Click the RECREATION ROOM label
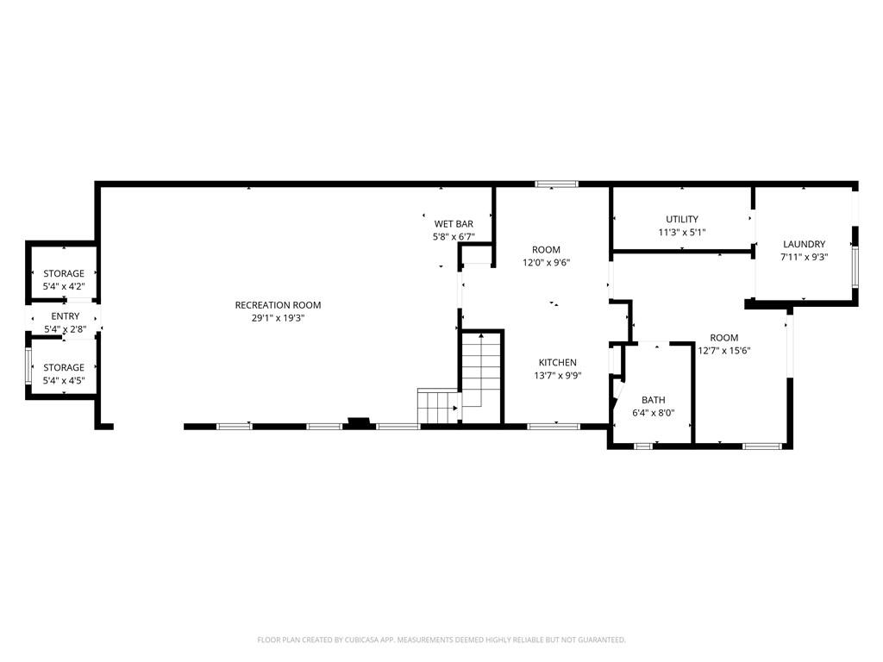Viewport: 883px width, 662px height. pyautogui.click(x=278, y=305)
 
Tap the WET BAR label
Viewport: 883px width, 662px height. pyautogui.click(x=454, y=224)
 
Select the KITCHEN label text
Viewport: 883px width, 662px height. pyautogui.click(x=558, y=363)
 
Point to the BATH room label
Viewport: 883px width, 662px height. pyautogui.click(x=654, y=400)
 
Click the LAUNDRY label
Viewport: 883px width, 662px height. pyautogui.click(x=805, y=244)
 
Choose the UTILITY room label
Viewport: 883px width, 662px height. pyautogui.click(x=682, y=219)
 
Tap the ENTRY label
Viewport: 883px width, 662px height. pyautogui.click(x=66, y=316)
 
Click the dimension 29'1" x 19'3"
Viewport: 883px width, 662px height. pyautogui.click(x=278, y=318)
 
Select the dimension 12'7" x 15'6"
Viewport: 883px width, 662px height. pyautogui.click(x=724, y=351)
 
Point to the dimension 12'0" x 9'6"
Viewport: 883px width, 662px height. pyautogui.click(x=546, y=262)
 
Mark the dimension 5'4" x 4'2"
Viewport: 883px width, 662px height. pyautogui.click(x=64, y=286)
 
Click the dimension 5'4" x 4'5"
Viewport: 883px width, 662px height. pyautogui.click(x=64, y=380)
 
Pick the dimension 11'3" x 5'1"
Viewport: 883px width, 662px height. pyautogui.click(x=682, y=232)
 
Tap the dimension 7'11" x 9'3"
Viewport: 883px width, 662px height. pyautogui.click(x=805, y=257)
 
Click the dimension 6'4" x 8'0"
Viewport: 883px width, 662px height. pyautogui.click(x=654, y=413)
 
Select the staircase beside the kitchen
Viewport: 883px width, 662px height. pyautogui.click(x=460, y=378)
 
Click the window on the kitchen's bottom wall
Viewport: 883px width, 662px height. pyautogui.click(x=554, y=426)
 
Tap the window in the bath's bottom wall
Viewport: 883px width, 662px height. pyautogui.click(x=643, y=447)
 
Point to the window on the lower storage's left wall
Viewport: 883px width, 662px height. pyautogui.click(x=28, y=366)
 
